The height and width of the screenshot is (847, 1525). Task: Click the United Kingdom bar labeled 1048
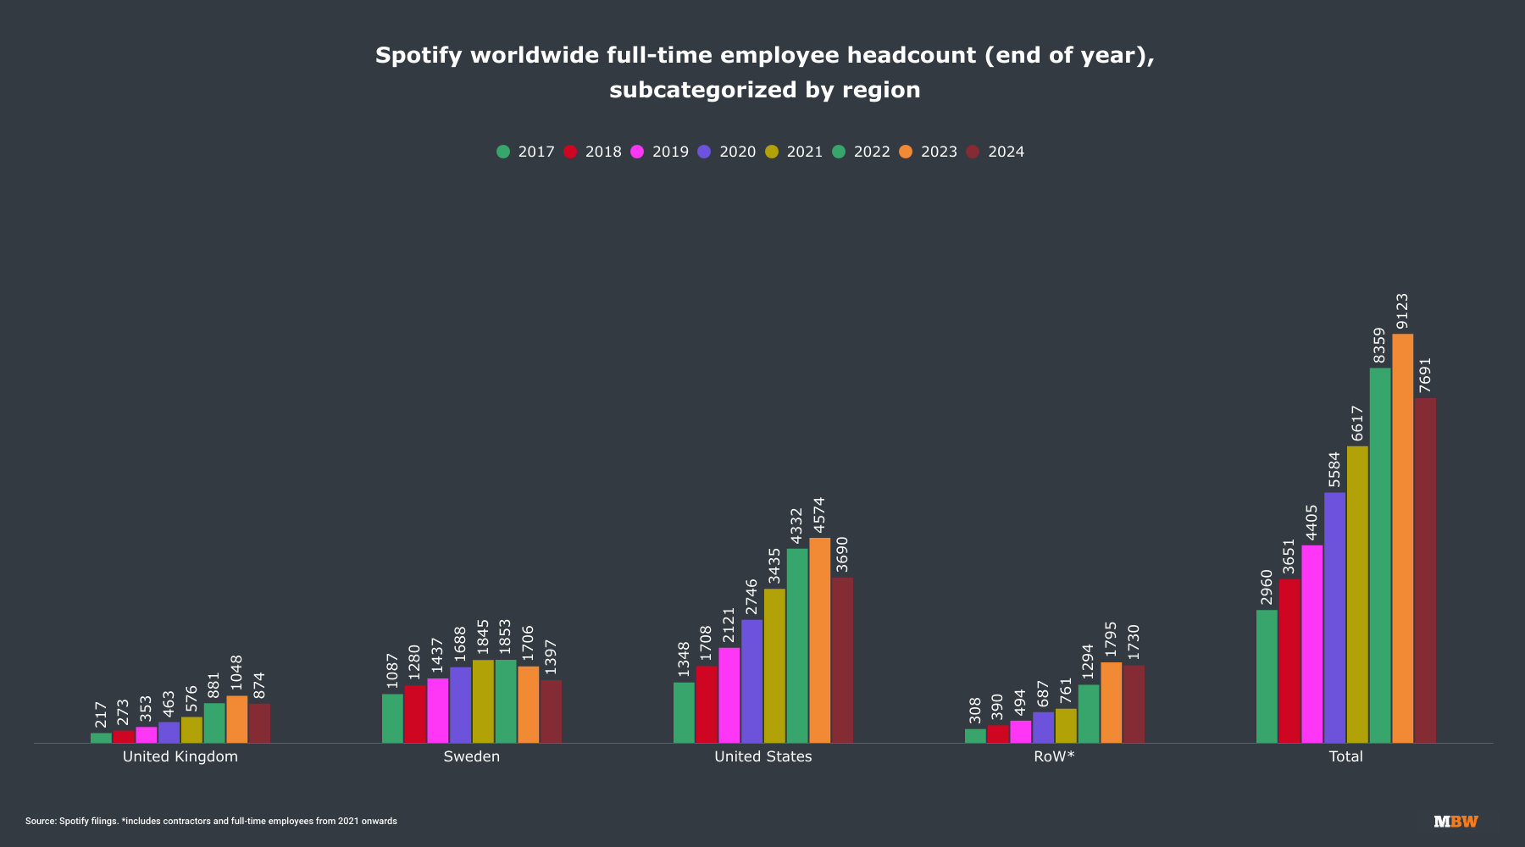coord(236,720)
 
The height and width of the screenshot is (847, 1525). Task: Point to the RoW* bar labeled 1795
coord(1111,703)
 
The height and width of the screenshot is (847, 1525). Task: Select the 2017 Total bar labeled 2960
coord(1267,677)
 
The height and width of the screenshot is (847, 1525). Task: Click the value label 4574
coord(819,515)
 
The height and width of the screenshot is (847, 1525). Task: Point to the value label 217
coord(101,715)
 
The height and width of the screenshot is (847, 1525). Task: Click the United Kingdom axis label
coord(180,756)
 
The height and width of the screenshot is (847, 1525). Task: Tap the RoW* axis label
coord(1054,756)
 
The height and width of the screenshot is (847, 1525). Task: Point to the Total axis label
coord(1345,756)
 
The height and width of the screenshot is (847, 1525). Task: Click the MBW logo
coord(1456,822)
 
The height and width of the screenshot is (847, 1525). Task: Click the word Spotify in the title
coord(419,56)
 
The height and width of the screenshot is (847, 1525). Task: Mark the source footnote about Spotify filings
coord(211,822)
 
